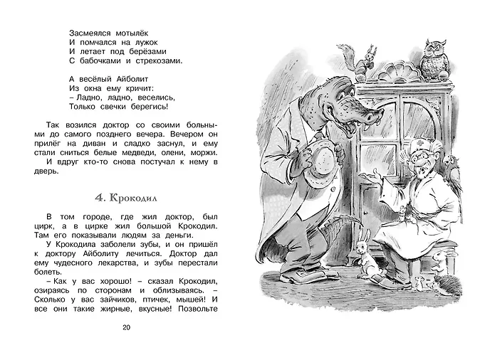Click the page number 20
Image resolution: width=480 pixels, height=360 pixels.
coord(127,327)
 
